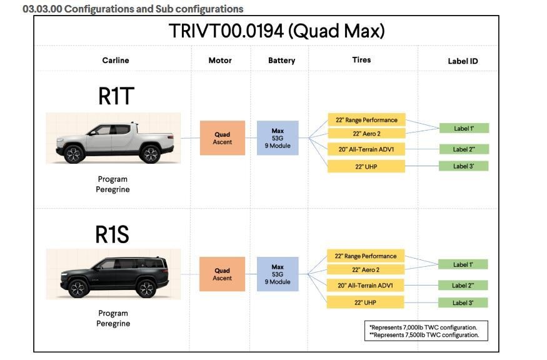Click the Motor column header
[x=219, y=61]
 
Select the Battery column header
[x=281, y=61]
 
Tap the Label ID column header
[x=463, y=61]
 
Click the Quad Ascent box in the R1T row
[x=222, y=138]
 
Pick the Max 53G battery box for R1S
[x=278, y=274]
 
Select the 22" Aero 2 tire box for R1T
[x=366, y=134]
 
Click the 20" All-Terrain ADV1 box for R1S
[x=366, y=286]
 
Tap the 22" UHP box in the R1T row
[x=366, y=166]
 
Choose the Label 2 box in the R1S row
[x=463, y=286]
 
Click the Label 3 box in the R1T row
[x=463, y=166]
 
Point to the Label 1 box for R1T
[x=463, y=129]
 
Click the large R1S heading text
[x=113, y=234]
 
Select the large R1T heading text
[x=116, y=96]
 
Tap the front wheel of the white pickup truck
[x=74, y=154]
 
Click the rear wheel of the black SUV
[x=146, y=288]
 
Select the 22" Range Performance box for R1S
[x=366, y=256]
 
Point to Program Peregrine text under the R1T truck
[x=113, y=184]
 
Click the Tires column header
[x=361, y=60]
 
